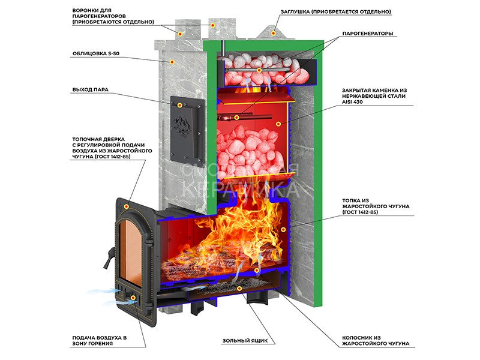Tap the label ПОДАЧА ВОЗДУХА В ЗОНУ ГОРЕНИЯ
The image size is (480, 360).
[99, 341]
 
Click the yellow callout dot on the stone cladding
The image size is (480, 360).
[172, 61]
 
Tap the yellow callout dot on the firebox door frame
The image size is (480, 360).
[126, 205]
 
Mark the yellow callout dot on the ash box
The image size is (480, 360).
[239, 289]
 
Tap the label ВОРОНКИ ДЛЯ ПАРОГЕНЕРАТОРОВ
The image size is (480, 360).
[112, 16]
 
